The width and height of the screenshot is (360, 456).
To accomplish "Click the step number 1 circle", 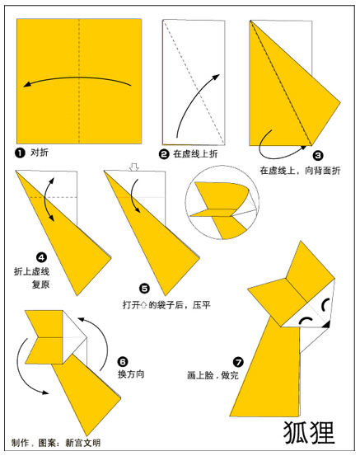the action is pos(20,153).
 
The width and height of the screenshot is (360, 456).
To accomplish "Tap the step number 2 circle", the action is pos(164,154).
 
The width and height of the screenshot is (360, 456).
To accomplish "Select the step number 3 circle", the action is pos(318,156).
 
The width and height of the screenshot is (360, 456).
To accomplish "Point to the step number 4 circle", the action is pos(41,257).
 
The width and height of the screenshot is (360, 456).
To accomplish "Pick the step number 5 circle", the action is pos(144,289).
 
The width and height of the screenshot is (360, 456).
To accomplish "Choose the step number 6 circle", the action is pos(123,361).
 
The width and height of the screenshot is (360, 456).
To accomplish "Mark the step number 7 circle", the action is pos(238,362).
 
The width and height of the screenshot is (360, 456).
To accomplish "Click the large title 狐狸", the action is pos(309,433).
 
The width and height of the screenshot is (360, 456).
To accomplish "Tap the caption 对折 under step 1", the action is pos(40,153).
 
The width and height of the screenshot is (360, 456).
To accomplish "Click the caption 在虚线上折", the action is pos(195,154).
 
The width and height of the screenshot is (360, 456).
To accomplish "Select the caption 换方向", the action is pos(131,374).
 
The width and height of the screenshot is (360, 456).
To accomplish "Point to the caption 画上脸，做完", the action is pos(213,375).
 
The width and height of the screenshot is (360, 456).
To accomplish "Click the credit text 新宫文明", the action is pos(83,443).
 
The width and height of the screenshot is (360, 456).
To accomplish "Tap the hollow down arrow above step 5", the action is pos(134,167).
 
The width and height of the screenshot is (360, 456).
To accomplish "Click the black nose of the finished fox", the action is pos(327,324).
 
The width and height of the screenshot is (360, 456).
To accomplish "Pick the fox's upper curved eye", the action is pos(325,303).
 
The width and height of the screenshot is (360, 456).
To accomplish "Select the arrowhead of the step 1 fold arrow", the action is pos(27,84).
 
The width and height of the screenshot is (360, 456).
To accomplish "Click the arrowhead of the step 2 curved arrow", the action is pos(216,77).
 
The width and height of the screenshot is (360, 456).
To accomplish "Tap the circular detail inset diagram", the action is pos(222,202).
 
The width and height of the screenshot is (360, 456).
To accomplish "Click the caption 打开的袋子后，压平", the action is pos(166,305).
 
